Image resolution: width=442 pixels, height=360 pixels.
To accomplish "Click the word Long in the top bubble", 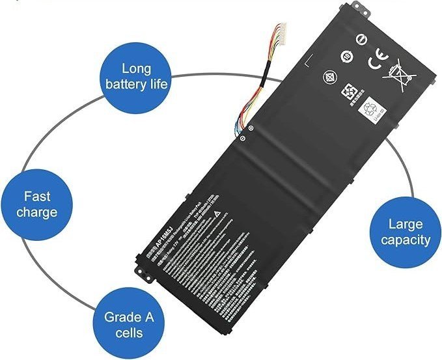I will point(136,68).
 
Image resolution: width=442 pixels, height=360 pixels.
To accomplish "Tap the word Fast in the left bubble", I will point(36,195).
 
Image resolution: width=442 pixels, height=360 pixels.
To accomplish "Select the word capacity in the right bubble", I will point(406,240).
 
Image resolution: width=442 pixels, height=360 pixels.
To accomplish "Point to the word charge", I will point(36,212).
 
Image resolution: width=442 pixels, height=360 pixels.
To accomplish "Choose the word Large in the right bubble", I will point(406,224).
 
